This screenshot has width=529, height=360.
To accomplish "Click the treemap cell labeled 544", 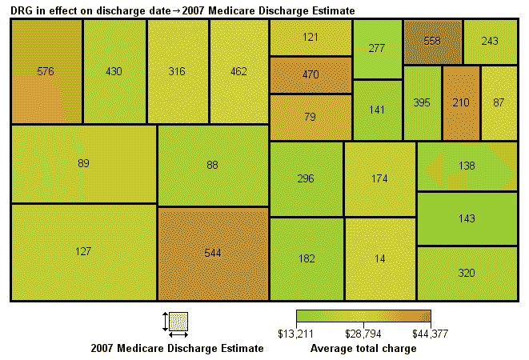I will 212,253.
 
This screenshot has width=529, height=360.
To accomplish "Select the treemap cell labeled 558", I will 432,41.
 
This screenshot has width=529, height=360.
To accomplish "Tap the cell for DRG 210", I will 461,102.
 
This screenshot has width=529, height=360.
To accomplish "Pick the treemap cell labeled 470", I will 311,74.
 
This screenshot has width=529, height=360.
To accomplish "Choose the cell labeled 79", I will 311,117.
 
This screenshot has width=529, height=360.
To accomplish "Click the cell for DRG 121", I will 311,38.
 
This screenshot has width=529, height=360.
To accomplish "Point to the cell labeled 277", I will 377,49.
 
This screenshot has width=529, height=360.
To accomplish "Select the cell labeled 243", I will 490,41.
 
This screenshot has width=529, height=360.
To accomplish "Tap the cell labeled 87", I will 499,102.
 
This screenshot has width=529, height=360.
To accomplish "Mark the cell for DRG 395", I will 422,102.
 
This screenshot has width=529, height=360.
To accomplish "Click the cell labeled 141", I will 377,110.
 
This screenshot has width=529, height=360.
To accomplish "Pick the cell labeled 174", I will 379,178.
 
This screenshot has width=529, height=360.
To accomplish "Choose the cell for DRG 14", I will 379,258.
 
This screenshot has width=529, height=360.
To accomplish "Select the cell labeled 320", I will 467,273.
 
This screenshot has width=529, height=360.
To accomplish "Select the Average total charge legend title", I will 363,349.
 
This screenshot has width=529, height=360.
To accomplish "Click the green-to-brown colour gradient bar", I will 363,316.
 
